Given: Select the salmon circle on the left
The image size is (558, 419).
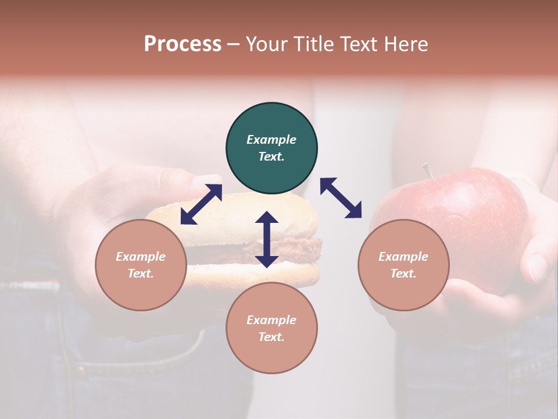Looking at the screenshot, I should [x=141, y=265].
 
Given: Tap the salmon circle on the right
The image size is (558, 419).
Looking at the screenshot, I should [x=403, y=265].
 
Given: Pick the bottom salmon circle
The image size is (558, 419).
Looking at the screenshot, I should [x=271, y=328].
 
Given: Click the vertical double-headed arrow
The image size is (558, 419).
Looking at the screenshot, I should [x=267, y=239].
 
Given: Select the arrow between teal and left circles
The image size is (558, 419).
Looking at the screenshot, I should [x=201, y=204].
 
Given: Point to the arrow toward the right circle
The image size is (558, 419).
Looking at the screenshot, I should [x=341, y=198].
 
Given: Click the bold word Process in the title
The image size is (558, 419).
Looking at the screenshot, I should [x=183, y=44].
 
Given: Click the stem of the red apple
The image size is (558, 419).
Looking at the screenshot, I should [x=427, y=170].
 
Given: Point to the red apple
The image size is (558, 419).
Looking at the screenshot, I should [x=477, y=210].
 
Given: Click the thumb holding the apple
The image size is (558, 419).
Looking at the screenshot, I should [x=538, y=265].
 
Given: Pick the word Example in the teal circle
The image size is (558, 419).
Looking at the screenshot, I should [x=271, y=140].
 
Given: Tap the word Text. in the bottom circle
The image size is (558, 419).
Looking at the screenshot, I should [x=271, y=337].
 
